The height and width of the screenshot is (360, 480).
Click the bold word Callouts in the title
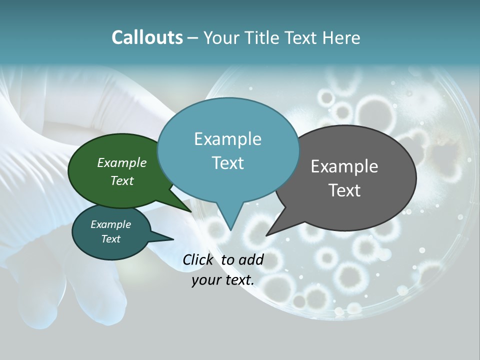[147, 37]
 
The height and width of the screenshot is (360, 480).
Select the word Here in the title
[341, 37]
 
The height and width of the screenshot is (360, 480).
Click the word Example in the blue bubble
[227, 139]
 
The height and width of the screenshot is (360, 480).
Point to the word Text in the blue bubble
[227, 162]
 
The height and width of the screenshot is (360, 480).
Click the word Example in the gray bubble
[344, 166]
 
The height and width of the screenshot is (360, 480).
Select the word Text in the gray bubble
[344, 190]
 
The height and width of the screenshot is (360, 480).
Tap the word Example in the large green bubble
[122, 163]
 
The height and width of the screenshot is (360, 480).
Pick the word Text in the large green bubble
[122, 180]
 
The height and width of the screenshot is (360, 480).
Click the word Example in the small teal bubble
[110, 224]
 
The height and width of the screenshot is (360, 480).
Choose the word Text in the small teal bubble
[110, 239]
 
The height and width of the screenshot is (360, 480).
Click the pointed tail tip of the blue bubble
[230, 230]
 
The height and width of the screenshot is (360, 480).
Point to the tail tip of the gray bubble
[266, 235]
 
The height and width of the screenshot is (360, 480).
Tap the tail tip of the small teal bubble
[173, 239]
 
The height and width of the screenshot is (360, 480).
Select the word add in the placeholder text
[251, 260]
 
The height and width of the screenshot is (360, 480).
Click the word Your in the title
[222, 37]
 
